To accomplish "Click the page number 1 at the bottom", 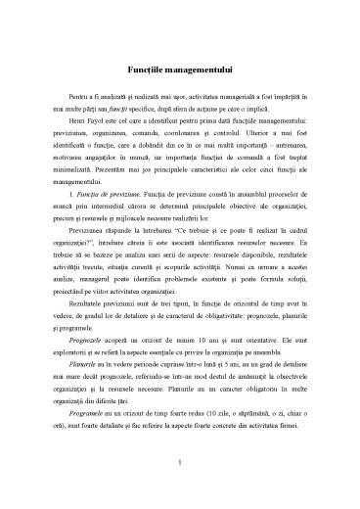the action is (180, 460).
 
